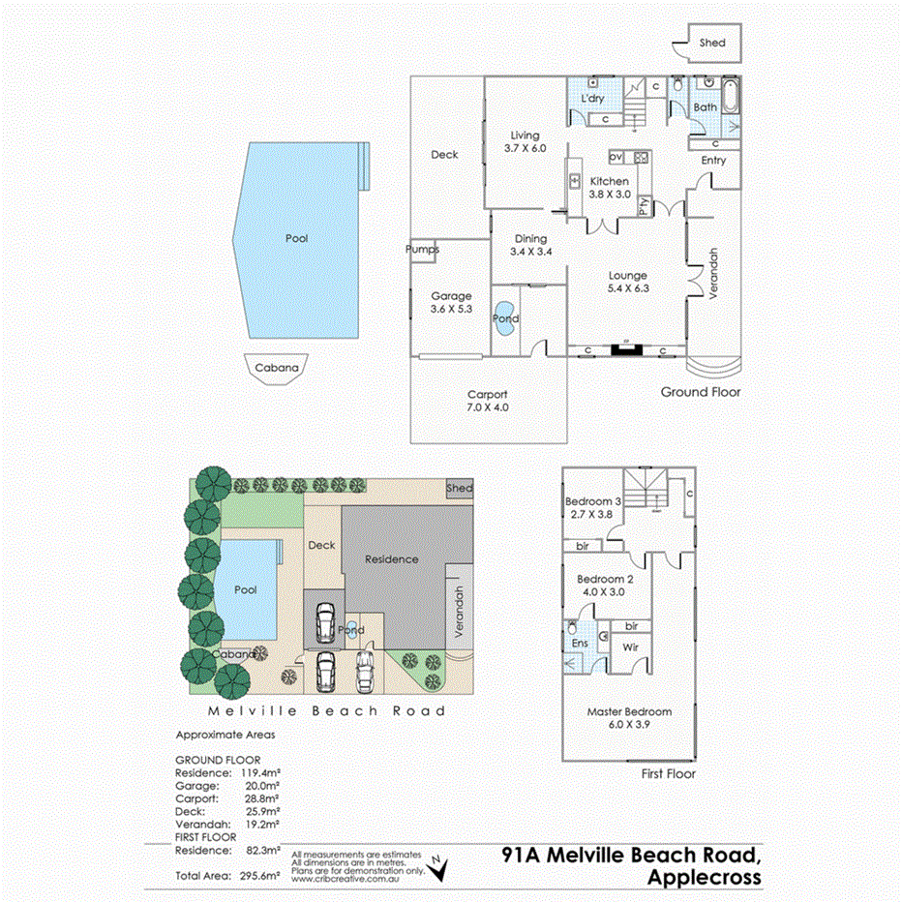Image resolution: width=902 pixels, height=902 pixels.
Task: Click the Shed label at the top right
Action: (711, 43)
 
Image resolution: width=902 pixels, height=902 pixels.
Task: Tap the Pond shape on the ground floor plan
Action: (505, 319)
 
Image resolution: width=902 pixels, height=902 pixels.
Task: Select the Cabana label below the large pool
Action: (276, 369)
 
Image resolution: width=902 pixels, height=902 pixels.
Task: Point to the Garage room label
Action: (451, 296)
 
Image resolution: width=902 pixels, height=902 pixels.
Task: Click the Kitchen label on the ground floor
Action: (609, 181)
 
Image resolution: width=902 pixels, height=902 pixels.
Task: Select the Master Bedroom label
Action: (629, 712)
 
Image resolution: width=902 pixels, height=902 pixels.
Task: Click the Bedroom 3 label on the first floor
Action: (591, 501)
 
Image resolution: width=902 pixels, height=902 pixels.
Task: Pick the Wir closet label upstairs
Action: (630, 647)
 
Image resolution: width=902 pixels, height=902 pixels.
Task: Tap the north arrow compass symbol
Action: (438, 861)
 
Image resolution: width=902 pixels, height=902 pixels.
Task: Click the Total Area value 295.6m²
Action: (260, 875)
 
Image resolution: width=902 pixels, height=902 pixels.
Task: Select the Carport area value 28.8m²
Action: (260, 798)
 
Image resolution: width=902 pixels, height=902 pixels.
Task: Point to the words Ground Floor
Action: (701, 392)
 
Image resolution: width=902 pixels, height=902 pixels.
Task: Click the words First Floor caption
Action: (669, 774)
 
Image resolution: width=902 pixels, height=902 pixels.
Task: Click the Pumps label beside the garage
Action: (422, 250)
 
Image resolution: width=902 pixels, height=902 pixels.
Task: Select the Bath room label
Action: (705, 106)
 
